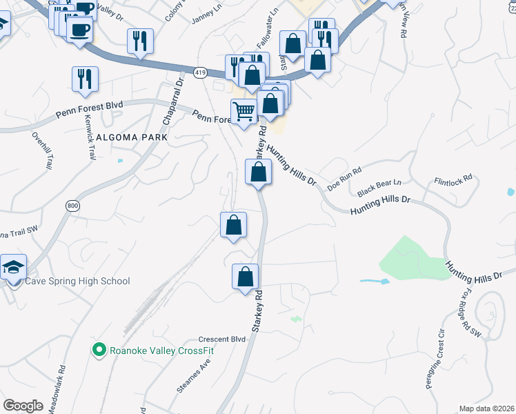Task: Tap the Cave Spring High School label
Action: tap(77, 281)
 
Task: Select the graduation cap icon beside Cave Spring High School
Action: tap(13, 267)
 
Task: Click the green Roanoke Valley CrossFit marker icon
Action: tap(99, 351)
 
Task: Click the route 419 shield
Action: tap(201, 72)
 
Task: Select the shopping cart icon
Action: tap(244, 111)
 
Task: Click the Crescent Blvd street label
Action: tap(222, 339)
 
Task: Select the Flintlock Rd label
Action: tap(453, 177)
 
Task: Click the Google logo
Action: tap(23, 405)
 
